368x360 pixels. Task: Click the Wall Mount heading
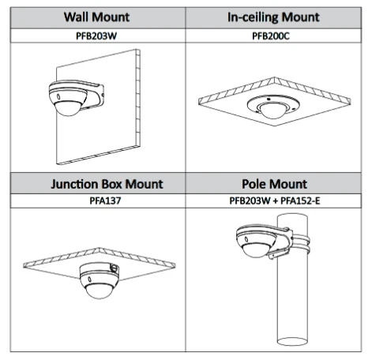click(96, 17)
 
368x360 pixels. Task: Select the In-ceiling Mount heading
click(273, 17)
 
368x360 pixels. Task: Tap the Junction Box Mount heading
click(107, 184)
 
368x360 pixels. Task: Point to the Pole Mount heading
click(274, 184)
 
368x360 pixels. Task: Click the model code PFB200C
click(271, 36)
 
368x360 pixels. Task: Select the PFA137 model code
click(105, 201)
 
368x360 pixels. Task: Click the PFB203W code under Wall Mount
click(96, 36)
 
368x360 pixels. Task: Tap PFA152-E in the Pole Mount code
click(300, 201)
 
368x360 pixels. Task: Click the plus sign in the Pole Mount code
click(276, 201)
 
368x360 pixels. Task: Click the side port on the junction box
click(115, 268)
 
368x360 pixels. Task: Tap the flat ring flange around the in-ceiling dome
click(273, 104)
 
